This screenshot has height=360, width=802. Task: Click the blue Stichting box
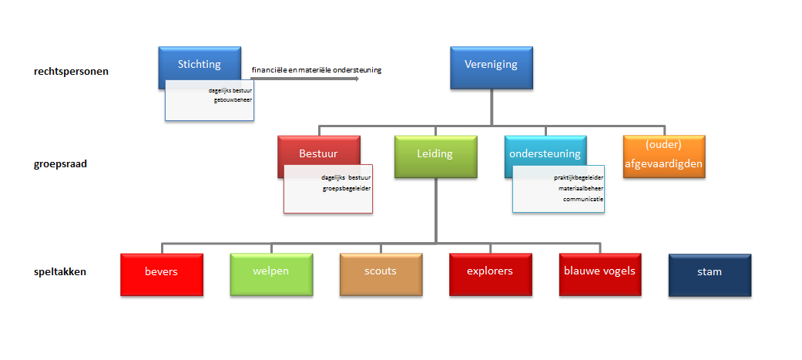coord(200,65)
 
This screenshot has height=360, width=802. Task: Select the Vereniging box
coord(491,68)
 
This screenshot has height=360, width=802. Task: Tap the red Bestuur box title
coord(319,153)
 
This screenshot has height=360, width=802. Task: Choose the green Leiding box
coord(436,156)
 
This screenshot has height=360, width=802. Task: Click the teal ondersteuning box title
coord(545,153)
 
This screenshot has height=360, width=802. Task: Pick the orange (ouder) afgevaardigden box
coord(664,156)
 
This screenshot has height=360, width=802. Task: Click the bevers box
coord(162,274)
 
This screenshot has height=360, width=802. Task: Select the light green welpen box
coord(271,274)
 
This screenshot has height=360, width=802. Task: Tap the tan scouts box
coord(381,274)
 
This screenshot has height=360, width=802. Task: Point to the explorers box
coord(491,274)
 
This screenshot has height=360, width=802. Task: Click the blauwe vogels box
coord(600,274)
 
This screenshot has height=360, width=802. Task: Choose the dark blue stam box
coord(710,275)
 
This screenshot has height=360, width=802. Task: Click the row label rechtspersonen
coord(71,72)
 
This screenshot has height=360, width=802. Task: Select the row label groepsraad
coord(60,164)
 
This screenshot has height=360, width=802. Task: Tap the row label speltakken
coord(60,272)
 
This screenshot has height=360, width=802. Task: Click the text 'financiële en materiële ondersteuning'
coord(317,70)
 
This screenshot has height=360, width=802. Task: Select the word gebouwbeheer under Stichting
coord(233,100)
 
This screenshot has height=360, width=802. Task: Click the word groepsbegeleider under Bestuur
coord(346,188)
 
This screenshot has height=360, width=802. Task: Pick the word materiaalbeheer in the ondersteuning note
coord(581,188)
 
